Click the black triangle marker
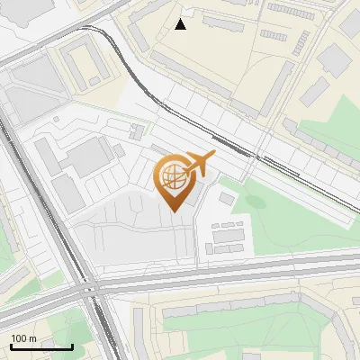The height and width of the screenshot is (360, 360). point(181,24)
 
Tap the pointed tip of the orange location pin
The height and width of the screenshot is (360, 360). point(173,210)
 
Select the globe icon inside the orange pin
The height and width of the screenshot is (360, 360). point(173,177)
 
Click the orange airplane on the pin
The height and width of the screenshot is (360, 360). point(199,163)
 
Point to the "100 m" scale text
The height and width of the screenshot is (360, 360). point(24,338)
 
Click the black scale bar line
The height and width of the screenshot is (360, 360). point(41,346)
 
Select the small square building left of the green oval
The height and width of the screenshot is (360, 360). point(227,196)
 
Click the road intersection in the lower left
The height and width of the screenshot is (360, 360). point(90,290)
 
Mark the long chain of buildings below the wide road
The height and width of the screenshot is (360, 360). point(243,310)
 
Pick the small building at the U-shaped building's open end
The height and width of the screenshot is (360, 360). point(95,81)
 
